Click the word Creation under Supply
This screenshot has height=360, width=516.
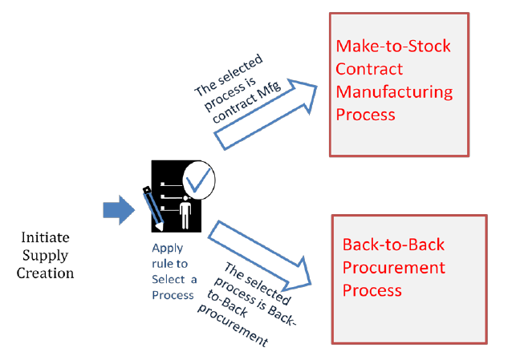49,273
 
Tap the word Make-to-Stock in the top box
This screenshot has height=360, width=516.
392,46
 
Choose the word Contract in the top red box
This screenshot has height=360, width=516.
369,69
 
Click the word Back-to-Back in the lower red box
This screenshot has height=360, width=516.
393,245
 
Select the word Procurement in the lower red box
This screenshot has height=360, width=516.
394,267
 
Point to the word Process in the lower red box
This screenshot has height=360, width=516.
372,289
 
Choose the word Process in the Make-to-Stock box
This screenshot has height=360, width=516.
365,114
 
